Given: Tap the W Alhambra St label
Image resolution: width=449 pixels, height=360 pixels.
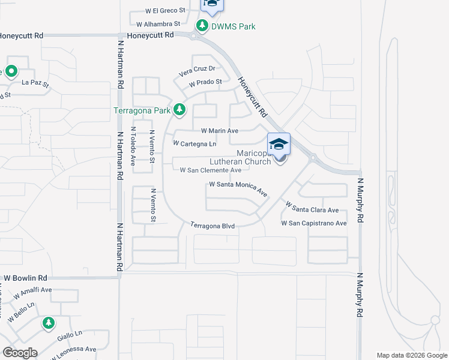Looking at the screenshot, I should click(158, 24).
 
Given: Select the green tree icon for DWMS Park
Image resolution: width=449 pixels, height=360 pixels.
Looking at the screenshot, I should click(202, 26).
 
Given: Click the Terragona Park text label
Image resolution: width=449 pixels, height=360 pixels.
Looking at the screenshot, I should click(142, 110).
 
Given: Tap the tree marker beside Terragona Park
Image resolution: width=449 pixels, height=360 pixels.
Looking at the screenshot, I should click(179, 109).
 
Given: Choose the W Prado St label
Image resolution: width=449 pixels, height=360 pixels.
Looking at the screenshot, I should click(205, 82).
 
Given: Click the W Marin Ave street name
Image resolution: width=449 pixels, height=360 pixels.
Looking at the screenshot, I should click(220, 130).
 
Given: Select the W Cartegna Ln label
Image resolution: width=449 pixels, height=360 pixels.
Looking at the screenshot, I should click(194, 144).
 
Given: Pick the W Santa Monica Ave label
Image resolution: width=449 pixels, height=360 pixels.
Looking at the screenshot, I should click(238, 188).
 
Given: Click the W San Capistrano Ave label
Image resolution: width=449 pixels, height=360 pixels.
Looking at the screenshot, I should click(314, 223).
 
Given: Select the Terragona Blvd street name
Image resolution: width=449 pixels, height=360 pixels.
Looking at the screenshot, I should click(212, 226).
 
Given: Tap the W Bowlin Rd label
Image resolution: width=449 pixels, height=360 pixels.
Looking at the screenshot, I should click(25, 278).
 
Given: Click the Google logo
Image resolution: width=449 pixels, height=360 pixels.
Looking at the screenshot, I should click(20, 352).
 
